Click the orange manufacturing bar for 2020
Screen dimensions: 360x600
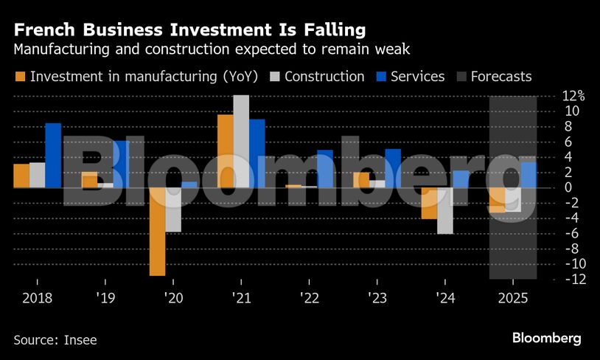(157, 232)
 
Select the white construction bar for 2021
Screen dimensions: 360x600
(241, 141)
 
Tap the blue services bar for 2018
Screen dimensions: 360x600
(53, 155)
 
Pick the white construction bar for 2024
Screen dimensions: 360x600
(444, 210)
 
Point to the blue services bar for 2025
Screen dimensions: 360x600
(529, 175)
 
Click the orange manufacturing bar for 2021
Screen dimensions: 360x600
(225, 150)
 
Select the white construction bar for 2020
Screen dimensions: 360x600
(173, 210)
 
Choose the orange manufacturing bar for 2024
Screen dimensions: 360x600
(429, 203)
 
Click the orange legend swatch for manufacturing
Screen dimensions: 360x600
(19, 77)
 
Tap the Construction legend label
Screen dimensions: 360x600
(324, 77)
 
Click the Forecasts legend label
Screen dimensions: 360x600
(501, 77)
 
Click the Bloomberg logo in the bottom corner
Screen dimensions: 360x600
(547, 338)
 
